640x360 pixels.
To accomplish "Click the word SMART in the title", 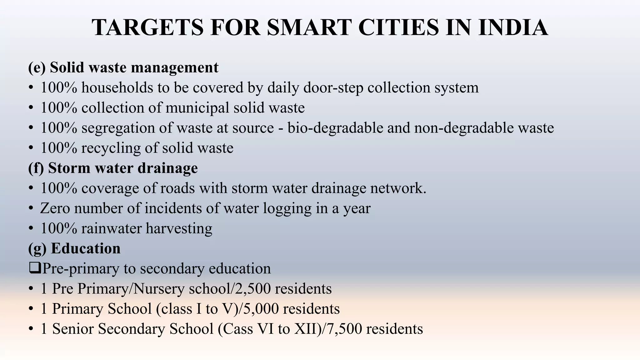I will click(309, 27).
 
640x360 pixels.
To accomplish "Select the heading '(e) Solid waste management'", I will click(123, 67).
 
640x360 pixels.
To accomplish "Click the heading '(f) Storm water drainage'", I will click(113, 168).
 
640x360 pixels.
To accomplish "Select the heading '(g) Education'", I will click(74, 249).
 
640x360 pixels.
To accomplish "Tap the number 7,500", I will click(344, 329).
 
